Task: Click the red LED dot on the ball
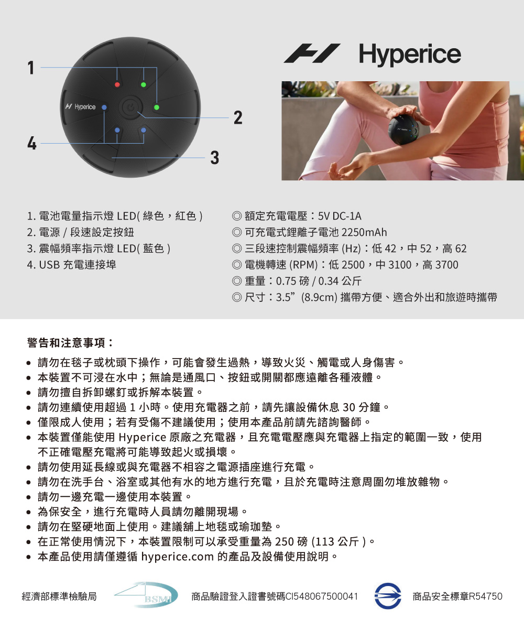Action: [117, 84]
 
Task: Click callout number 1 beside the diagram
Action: [31, 68]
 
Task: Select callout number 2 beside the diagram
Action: [238, 117]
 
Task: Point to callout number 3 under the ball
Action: [215, 158]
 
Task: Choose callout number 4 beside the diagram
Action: [31, 143]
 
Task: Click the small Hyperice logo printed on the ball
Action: [80, 107]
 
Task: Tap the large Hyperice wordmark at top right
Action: [410, 55]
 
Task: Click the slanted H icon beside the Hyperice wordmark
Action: [312, 53]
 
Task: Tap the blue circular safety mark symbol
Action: [388, 596]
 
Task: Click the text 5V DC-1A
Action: [340, 216]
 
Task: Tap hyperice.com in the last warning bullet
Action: [178, 557]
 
